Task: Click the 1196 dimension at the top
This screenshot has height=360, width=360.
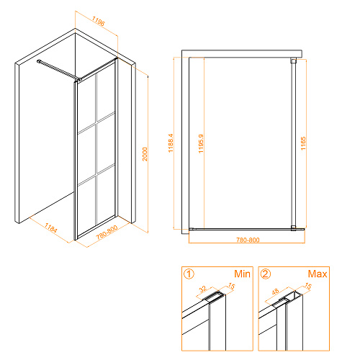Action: (99, 21)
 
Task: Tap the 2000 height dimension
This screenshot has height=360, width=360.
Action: (145, 154)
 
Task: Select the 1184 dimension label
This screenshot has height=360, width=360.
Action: (51, 228)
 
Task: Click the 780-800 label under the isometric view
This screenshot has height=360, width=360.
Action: (107, 233)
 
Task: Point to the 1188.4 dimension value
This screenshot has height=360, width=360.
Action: (171, 143)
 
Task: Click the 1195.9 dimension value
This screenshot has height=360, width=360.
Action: (201, 143)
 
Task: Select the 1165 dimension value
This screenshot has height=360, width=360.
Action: (303, 143)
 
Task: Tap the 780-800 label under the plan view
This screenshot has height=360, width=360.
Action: (248, 240)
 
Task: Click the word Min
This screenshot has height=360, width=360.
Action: (242, 274)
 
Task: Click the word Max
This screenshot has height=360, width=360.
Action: (318, 274)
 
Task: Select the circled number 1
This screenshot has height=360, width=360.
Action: (189, 274)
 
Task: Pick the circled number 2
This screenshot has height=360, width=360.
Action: (266, 274)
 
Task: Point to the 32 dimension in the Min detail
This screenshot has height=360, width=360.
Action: (203, 289)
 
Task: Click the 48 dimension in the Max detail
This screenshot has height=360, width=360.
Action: (275, 292)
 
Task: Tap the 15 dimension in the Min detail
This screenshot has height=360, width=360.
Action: (231, 286)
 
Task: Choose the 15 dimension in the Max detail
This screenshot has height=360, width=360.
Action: (308, 286)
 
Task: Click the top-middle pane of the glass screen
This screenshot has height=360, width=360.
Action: (106, 95)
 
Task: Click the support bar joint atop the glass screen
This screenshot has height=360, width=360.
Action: (78, 79)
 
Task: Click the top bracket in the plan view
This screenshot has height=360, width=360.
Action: (294, 60)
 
